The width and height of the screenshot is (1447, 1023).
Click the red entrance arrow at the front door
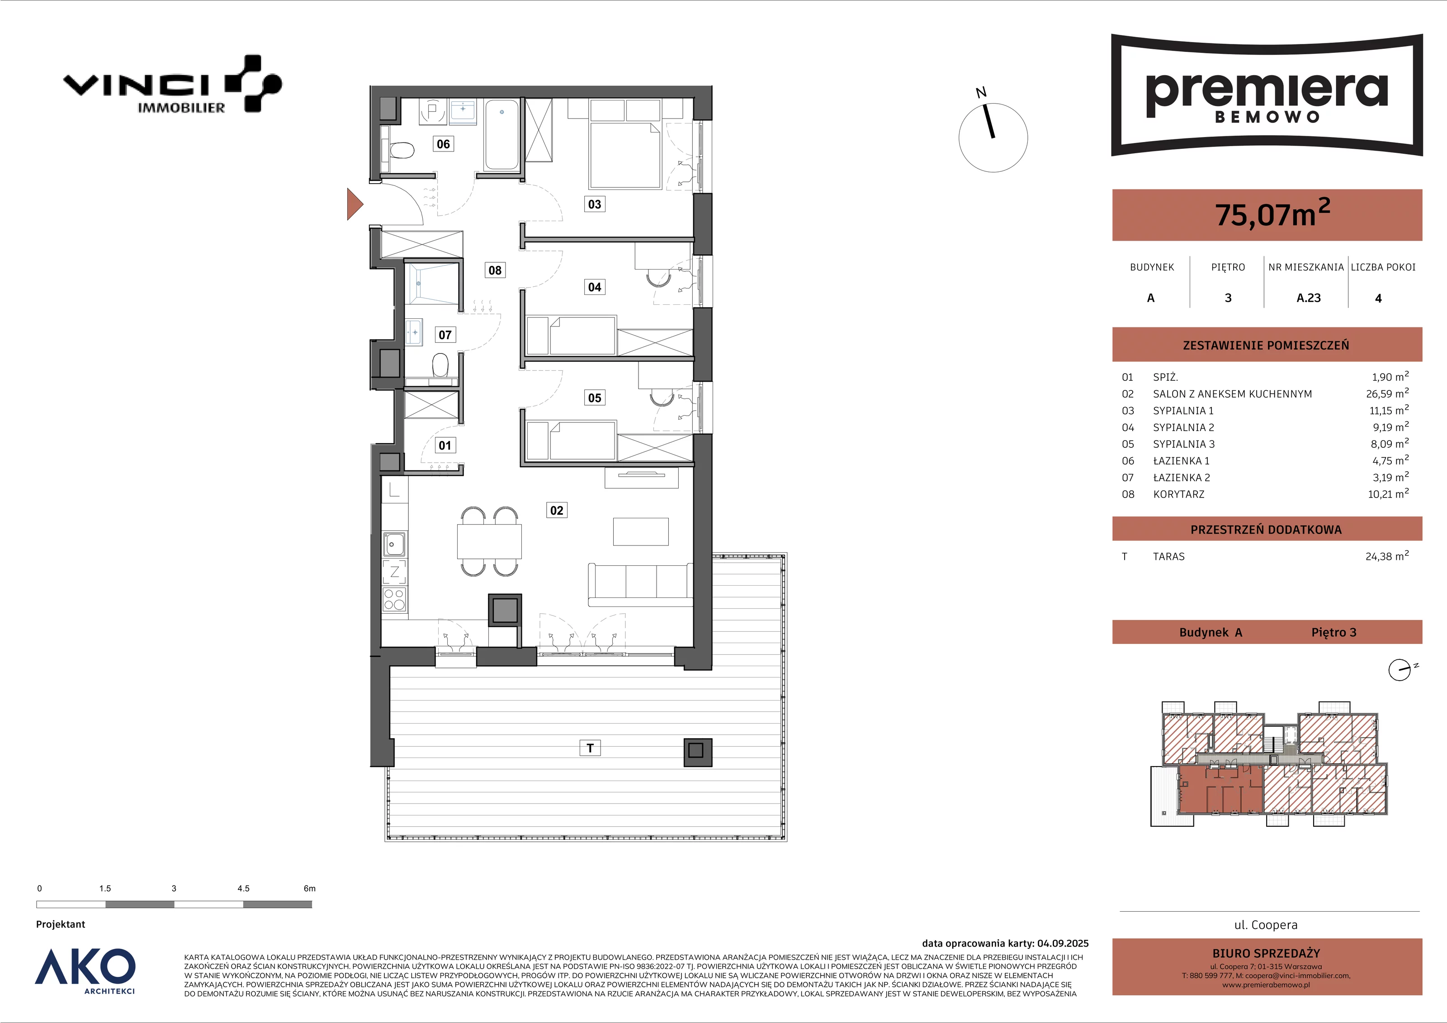coord(354,204)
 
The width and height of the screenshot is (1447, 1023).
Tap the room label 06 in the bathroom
coord(443,144)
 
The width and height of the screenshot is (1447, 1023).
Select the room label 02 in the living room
coord(557,510)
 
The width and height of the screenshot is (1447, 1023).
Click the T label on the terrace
coord(590,748)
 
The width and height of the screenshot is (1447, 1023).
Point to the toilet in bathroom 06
coord(400,151)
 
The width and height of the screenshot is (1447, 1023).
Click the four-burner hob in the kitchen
coord(394,599)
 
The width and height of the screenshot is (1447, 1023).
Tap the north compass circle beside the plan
coord(993,137)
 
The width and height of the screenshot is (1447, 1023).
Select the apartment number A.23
coord(1308,298)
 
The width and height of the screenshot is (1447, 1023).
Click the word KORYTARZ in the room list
coord(1178,494)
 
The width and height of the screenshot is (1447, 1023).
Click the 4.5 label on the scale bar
coord(243,888)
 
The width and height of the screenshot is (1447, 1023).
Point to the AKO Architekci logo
coord(85,970)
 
